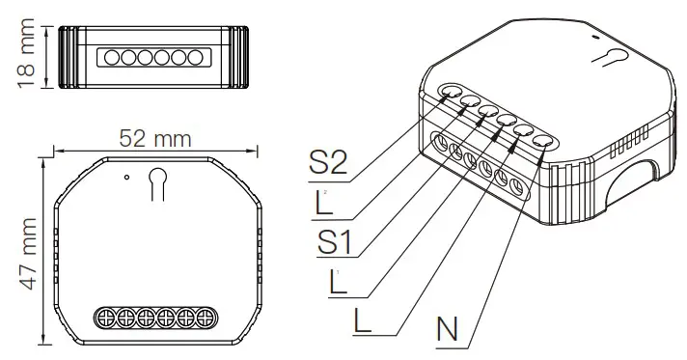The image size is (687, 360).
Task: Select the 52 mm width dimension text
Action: point(156,138)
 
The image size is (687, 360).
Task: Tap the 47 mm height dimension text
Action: point(28,252)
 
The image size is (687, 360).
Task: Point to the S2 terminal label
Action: point(328,161)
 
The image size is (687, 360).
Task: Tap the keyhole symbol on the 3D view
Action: point(608,58)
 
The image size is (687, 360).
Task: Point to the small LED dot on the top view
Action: point(126,177)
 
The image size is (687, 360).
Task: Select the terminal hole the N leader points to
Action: point(543,142)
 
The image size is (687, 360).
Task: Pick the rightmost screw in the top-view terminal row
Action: point(206,318)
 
